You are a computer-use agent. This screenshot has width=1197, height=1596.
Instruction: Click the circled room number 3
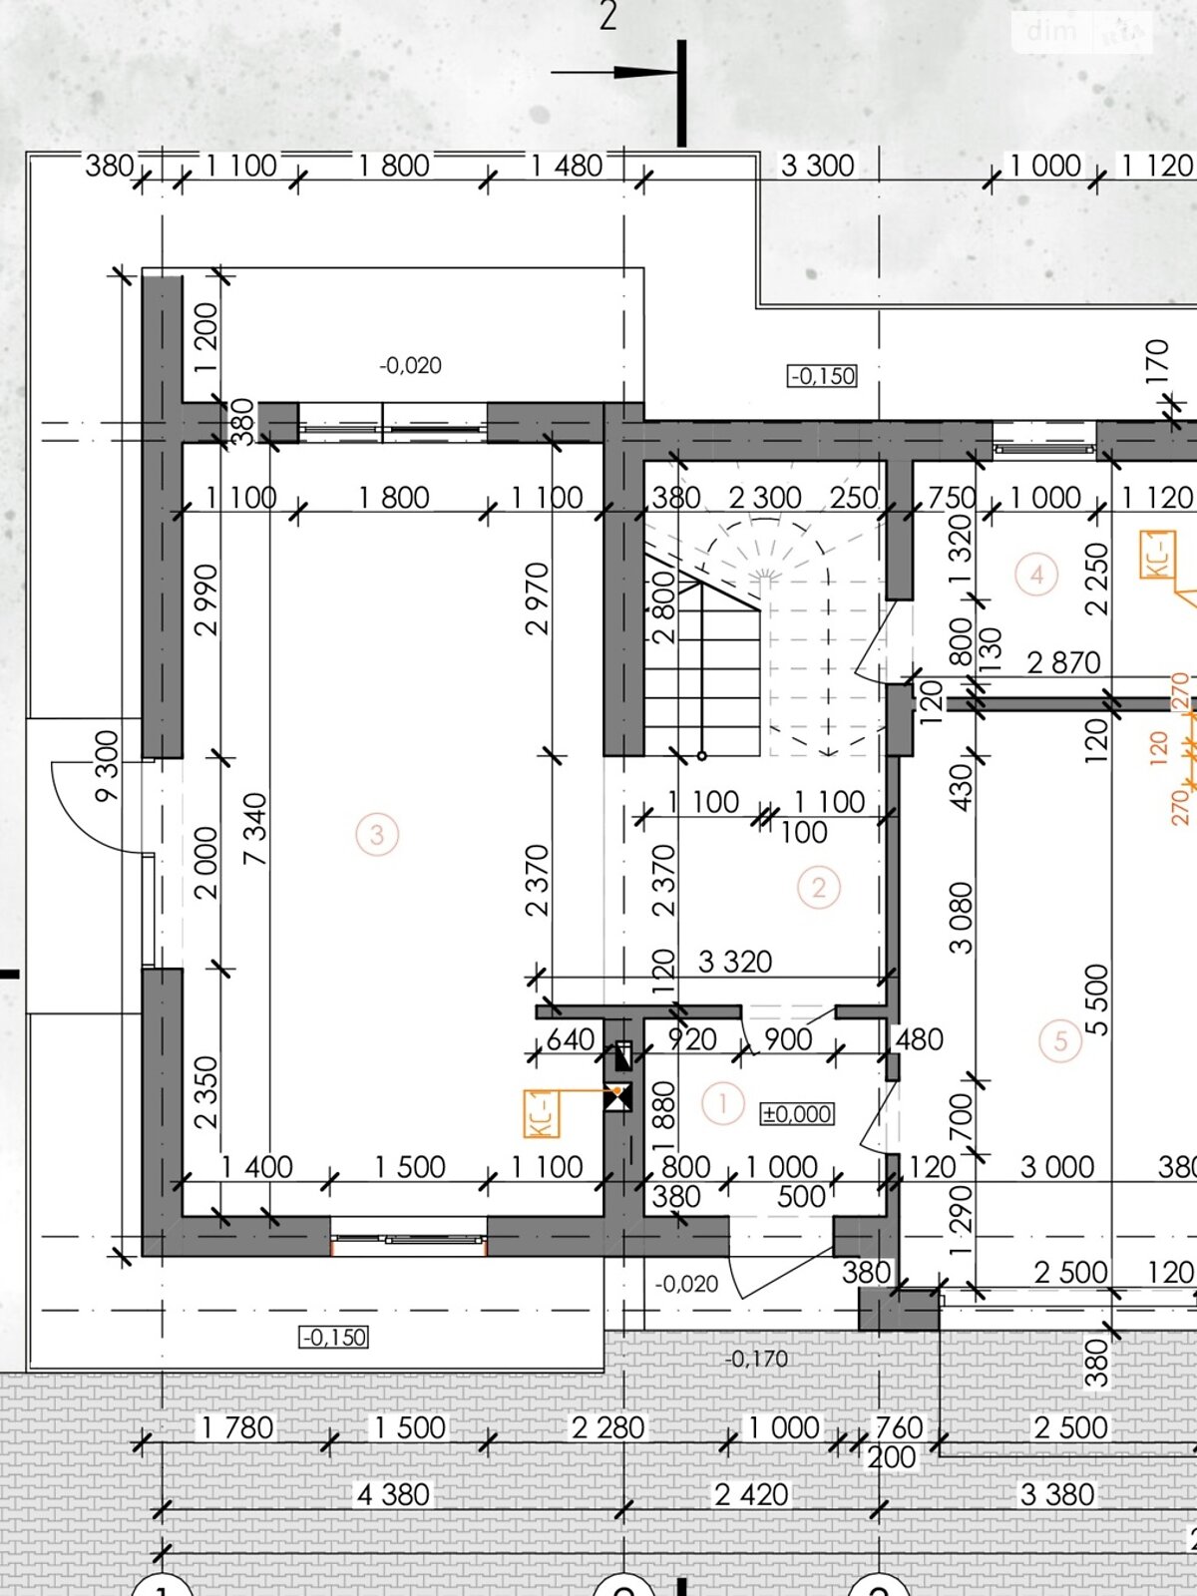click(377, 834)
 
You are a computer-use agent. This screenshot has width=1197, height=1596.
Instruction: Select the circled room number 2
click(819, 888)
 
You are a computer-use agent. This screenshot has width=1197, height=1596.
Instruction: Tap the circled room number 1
click(722, 1104)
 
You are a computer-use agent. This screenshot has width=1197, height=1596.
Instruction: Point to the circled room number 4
click(1036, 575)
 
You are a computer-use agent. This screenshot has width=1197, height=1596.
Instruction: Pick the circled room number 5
click(1060, 1040)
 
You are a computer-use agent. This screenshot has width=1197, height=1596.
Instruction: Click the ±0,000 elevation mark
click(797, 1114)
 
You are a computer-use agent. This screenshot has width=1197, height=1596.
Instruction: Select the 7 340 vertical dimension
click(255, 829)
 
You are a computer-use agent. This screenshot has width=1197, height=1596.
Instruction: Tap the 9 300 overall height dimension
click(107, 766)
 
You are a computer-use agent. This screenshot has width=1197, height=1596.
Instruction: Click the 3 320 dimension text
click(735, 962)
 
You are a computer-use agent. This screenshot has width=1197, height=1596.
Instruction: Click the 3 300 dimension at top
click(818, 166)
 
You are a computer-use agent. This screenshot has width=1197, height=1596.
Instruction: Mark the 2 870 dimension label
click(1064, 663)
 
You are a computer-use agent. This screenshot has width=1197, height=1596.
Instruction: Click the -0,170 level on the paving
click(756, 1359)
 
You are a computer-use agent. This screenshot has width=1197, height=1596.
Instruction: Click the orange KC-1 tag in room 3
click(543, 1113)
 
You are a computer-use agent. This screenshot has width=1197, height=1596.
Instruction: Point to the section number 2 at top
click(608, 16)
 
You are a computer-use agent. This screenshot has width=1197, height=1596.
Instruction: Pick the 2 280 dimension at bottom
click(608, 1427)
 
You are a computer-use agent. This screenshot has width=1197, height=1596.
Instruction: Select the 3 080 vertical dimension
click(960, 918)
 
